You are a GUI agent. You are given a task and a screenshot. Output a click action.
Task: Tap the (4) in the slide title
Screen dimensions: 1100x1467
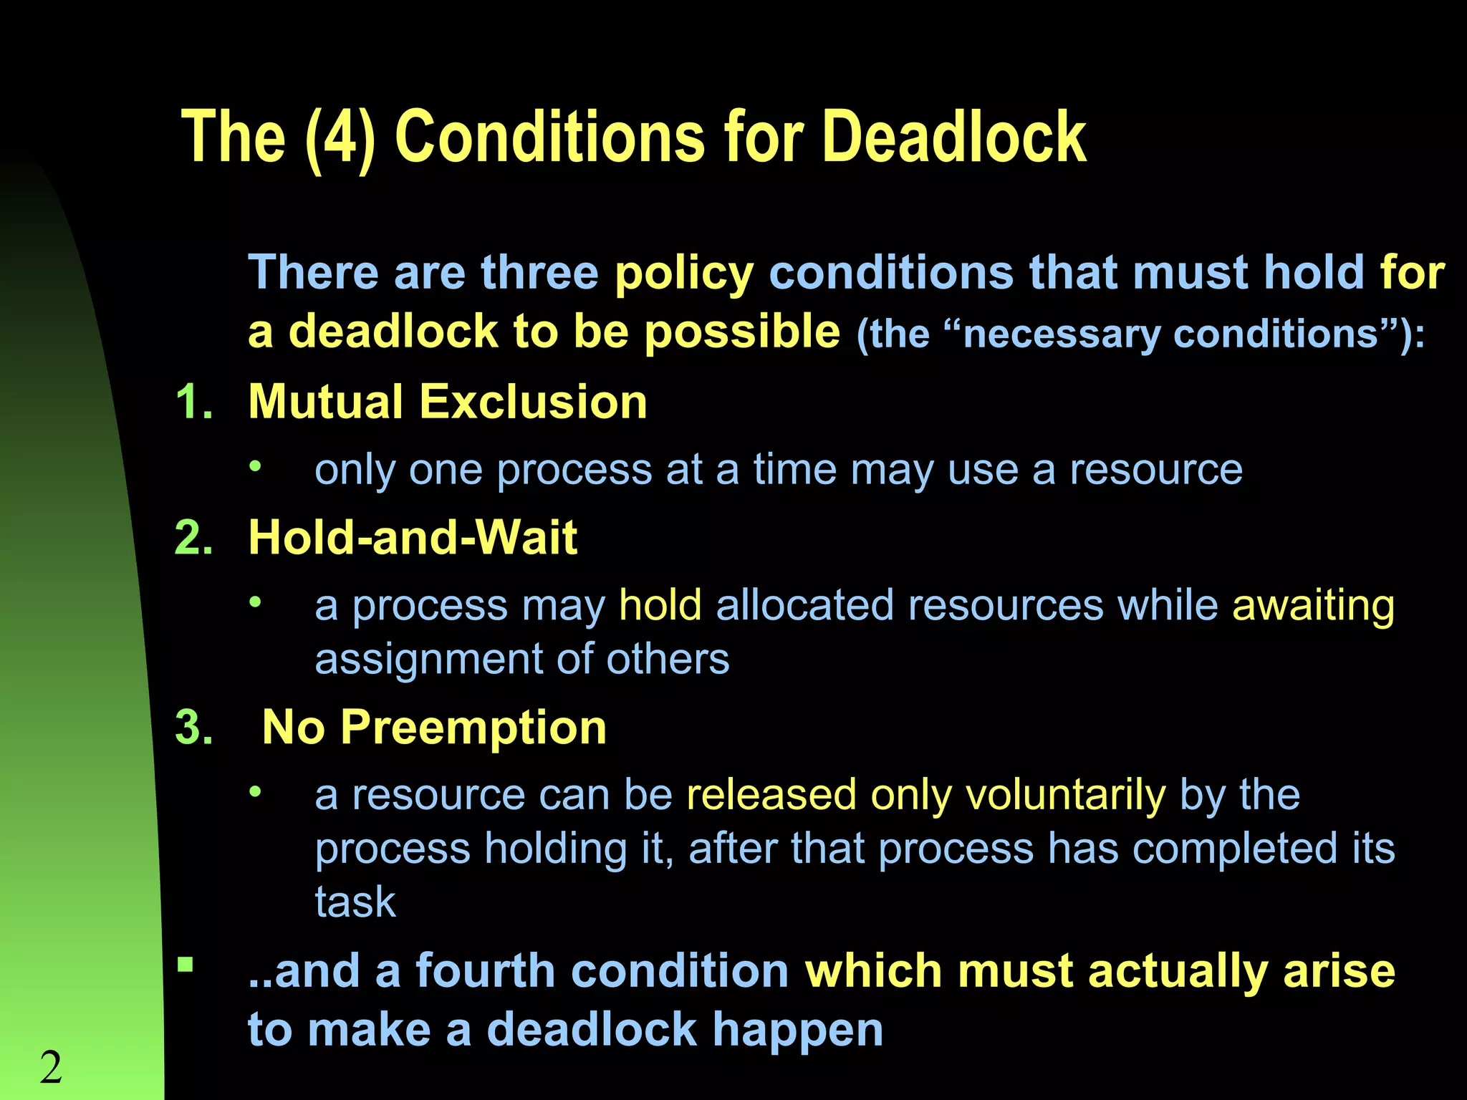340,137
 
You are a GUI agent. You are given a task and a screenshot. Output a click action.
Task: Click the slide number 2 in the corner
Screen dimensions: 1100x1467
51,1068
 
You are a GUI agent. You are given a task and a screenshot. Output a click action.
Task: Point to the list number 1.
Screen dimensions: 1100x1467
193,402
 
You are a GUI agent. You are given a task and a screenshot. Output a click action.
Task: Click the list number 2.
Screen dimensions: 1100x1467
193,538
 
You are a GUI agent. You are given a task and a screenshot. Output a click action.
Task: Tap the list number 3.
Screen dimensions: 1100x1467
193,728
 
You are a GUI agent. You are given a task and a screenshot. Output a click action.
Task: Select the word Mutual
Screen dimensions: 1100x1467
325,402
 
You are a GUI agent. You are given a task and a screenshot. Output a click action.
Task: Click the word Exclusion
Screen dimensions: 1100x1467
533,402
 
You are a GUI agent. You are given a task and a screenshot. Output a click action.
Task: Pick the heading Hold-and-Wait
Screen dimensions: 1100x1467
413,538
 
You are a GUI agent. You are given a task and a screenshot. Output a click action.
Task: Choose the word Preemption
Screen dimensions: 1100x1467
473,728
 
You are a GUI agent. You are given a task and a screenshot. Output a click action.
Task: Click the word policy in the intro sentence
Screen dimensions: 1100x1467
684,274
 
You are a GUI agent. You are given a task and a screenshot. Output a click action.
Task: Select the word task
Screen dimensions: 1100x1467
355,902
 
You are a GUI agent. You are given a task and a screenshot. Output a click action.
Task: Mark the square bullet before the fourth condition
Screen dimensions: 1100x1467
186,965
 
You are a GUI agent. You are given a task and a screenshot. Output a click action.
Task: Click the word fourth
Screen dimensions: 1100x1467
486,972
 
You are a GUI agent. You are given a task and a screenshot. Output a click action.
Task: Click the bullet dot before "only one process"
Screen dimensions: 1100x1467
256,467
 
